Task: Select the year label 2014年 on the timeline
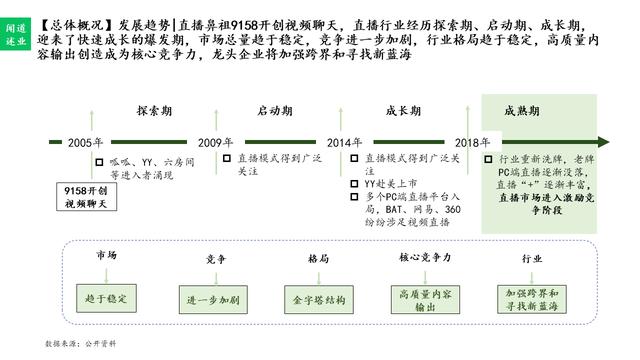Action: [x=344, y=143]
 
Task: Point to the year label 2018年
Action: [x=472, y=143]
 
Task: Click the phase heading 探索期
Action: [x=153, y=110]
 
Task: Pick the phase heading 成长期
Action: [x=405, y=110]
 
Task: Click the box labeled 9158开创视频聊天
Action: [x=87, y=195]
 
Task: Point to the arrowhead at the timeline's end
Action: [x=605, y=143]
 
